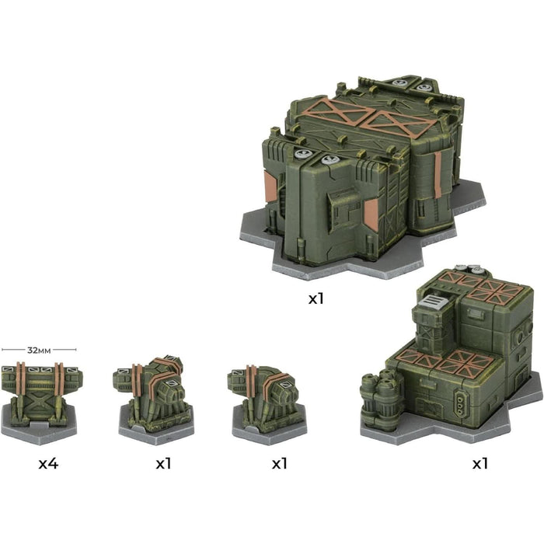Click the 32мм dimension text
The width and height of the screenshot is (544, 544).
39,350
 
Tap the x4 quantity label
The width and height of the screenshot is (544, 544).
48,463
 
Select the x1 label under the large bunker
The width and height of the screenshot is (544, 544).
316,298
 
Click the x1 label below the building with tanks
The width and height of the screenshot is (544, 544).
480,463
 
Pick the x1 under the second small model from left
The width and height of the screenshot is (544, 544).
163,463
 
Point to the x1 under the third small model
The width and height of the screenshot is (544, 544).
279,463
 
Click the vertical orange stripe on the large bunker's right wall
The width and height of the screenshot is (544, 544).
438,175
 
